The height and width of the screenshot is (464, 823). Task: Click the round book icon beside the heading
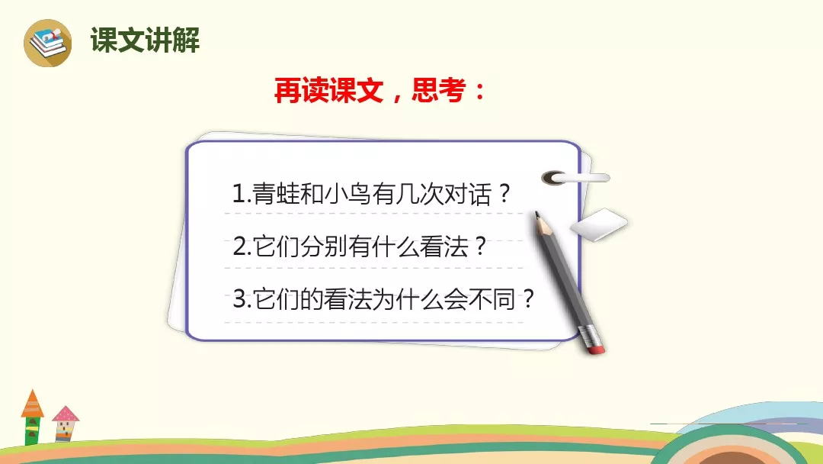click(x=48, y=43)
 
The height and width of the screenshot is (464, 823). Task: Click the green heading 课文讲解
click(x=145, y=40)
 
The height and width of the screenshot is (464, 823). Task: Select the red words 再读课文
click(x=328, y=90)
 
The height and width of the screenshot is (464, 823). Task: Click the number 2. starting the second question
click(x=242, y=246)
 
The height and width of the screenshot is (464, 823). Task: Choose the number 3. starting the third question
click(x=242, y=299)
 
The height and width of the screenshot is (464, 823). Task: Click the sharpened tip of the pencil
click(x=537, y=214)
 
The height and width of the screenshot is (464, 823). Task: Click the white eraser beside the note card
click(x=599, y=224)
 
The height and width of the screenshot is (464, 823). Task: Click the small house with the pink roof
click(x=66, y=424)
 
